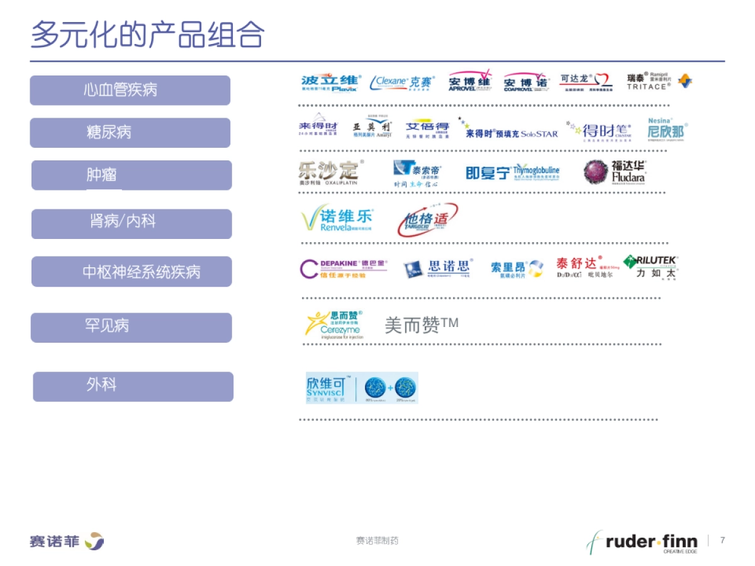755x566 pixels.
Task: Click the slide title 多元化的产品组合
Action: [147, 35]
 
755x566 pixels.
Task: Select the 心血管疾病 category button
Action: [130, 90]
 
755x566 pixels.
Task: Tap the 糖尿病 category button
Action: [130, 132]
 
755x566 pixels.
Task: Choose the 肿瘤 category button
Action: [131, 175]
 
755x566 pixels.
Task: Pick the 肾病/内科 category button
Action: [131, 223]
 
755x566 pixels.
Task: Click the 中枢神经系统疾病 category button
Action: [131, 272]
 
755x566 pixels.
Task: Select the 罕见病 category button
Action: [131, 327]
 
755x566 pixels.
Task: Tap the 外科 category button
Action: [132, 386]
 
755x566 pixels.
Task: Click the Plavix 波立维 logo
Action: [331, 83]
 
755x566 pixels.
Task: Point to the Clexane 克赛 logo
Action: [403, 82]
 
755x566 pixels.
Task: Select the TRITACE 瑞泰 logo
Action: [658, 82]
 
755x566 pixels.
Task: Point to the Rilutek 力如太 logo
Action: [651, 267]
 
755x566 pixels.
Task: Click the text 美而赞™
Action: [421, 325]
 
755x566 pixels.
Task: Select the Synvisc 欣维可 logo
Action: [361, 387]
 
